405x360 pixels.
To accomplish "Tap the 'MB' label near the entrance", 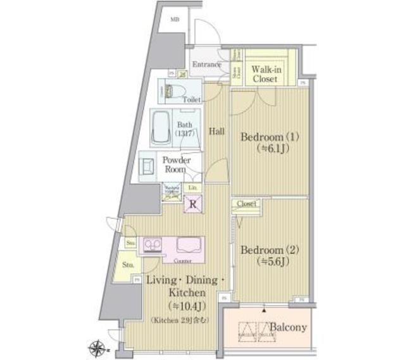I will tap(175, 20).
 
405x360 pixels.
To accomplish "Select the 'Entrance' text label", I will tap(206, 65).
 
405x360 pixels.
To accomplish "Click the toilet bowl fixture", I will tap(173, 90).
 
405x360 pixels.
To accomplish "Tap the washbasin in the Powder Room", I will tap(147, 165).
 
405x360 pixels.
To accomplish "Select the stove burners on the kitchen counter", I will tap(153, 244).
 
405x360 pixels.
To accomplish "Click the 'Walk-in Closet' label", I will tap(265, 75).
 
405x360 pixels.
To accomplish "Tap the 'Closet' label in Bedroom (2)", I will tap(246, 204).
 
